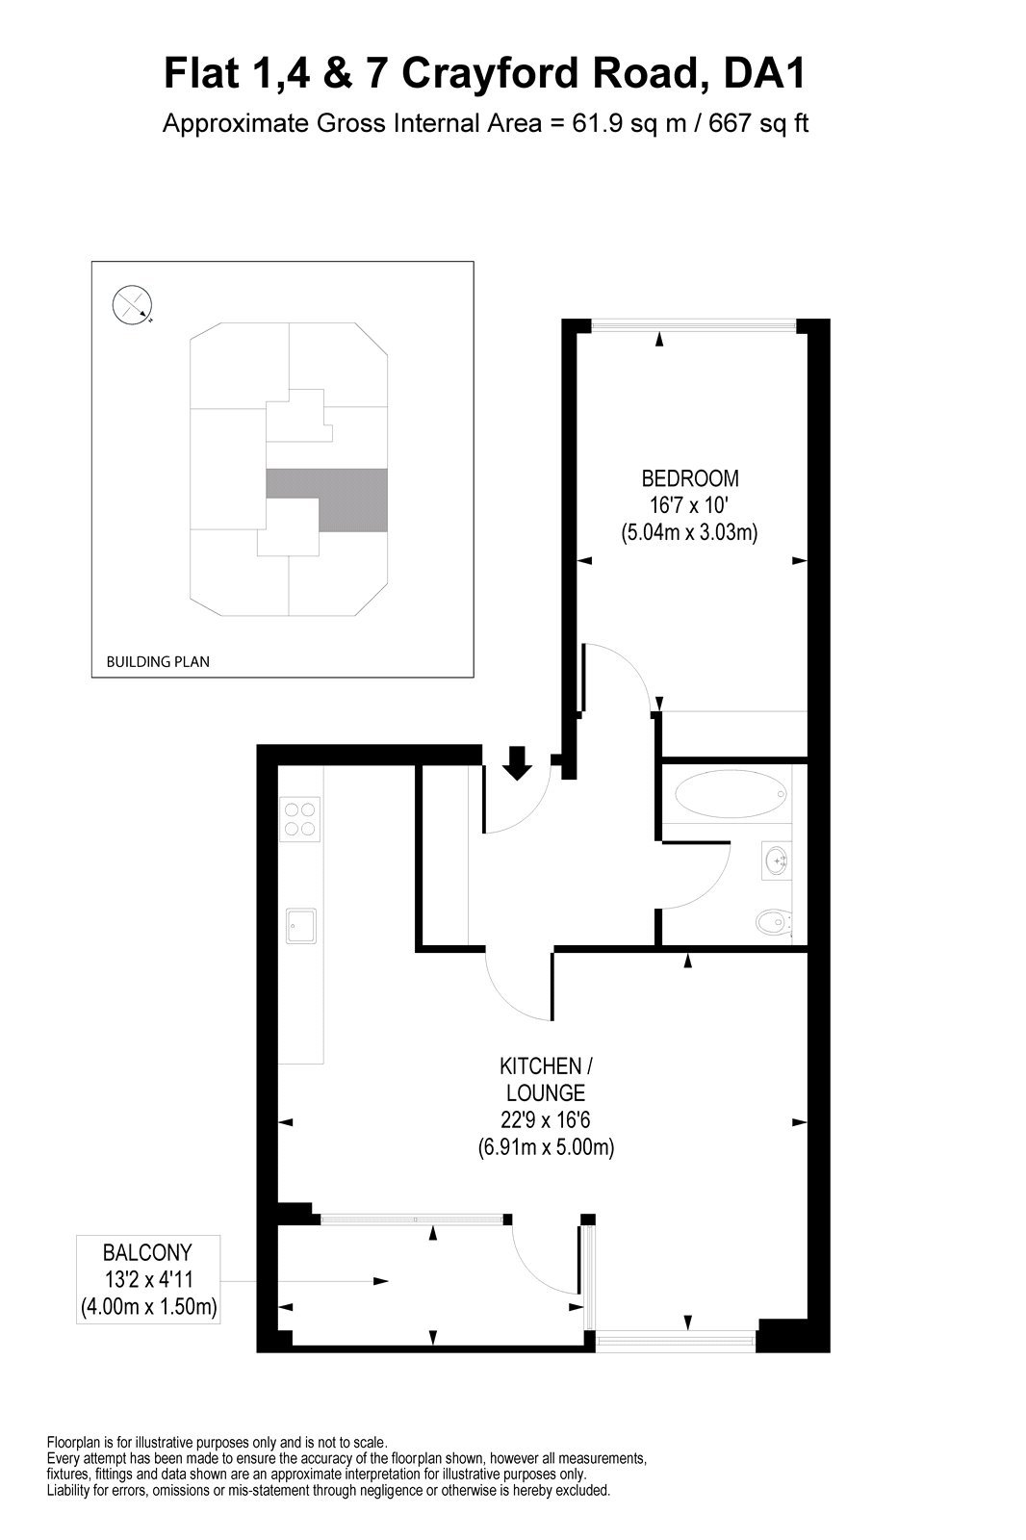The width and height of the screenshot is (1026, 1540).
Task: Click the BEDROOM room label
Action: (x=690, y=478)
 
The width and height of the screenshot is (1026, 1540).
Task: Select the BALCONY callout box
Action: (x=148, y=1280)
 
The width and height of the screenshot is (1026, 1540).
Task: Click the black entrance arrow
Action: (x=519, y=761)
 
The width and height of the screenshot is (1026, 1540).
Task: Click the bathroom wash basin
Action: (x=776, y=859)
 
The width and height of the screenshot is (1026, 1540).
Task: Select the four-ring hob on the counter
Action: (x=299, y=818)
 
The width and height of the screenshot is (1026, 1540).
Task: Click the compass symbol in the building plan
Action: (x=132, y=305)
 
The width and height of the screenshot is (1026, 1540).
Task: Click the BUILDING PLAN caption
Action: (x=158, y=662)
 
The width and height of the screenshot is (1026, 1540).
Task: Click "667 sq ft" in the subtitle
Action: (x=756, y=124)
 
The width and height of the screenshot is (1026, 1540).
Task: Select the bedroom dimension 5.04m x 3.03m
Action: (x=689, y=531)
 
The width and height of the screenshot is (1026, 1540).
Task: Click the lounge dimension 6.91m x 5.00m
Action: (x=546, y=1147)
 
